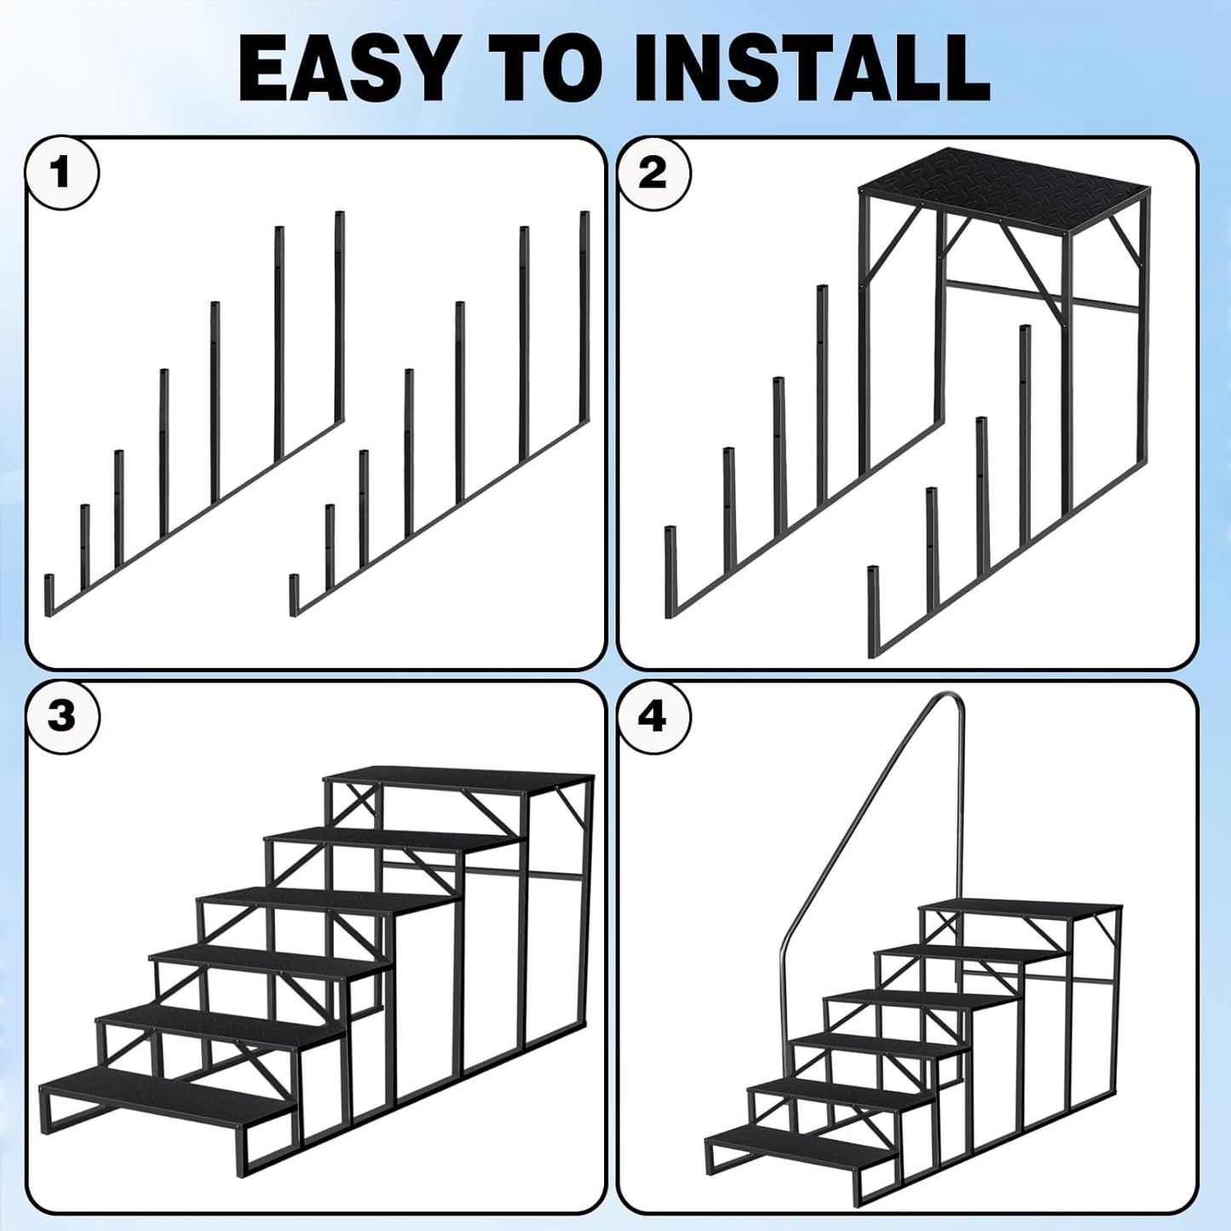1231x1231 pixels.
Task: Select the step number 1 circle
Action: pyautogui.click(x=61, y=173)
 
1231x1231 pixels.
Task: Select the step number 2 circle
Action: pyautogui.click(x=653, y=173)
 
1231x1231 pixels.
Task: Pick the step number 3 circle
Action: pyautogui.click(x=61, y=716)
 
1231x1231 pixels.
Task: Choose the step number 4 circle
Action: pyautogui.click(x=653, y=716)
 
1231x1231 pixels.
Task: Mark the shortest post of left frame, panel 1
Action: pyautogui.click(x=49, y=594)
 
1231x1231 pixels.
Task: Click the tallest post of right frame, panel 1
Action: pyautogui.click(x=584, y=315)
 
